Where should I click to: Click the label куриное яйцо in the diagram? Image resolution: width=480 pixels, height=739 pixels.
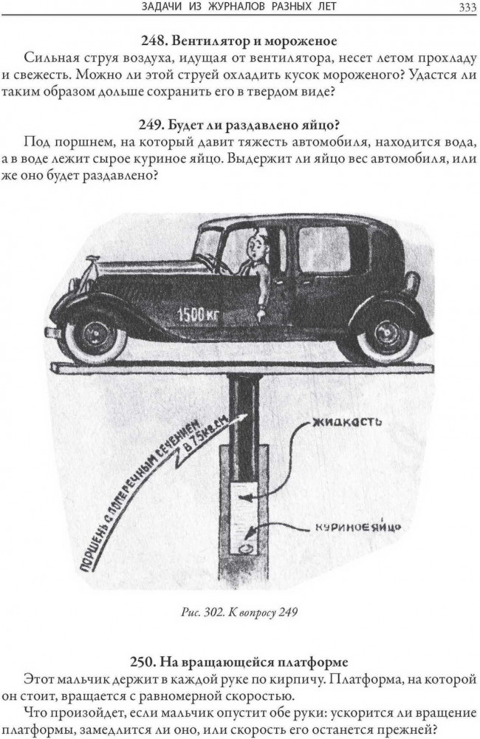point(354,528)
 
